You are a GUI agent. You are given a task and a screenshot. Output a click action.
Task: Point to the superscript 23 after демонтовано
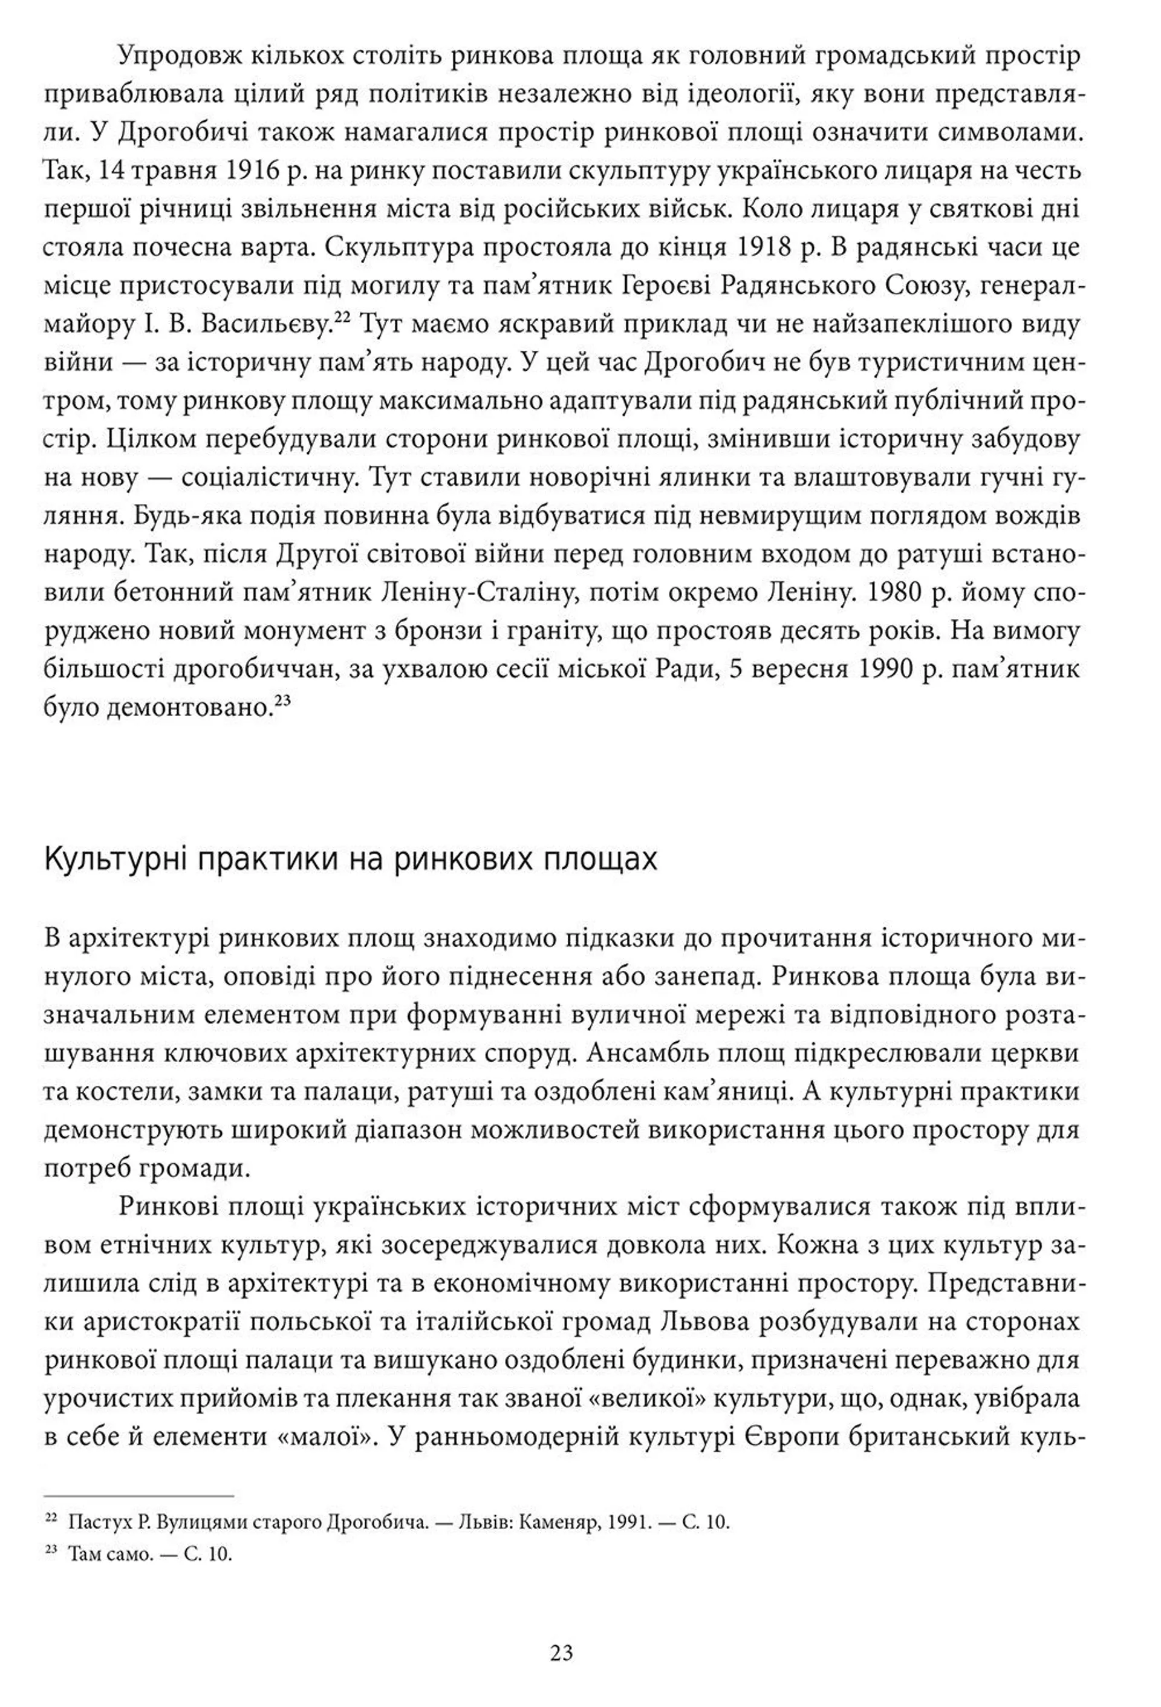283,702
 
